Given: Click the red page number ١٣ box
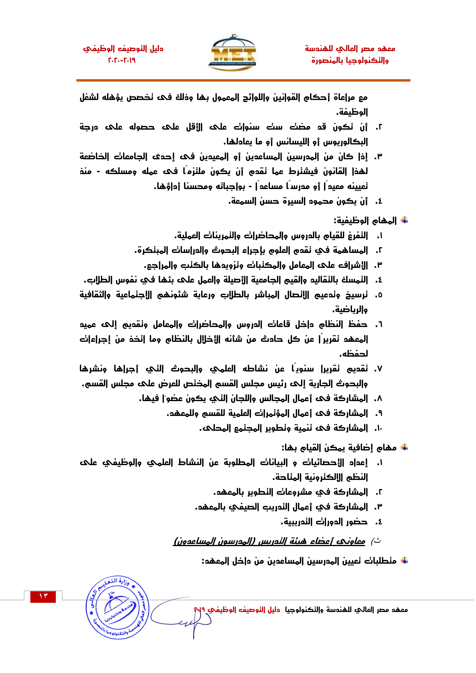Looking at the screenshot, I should (x=43, y=596).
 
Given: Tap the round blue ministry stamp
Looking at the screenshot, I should (x=117, y=607).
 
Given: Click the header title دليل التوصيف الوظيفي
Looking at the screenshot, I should (x=123, y=48).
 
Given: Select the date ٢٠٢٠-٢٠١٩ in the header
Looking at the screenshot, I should (x=122, y=60).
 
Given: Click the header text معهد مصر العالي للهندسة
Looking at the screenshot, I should (x=350, y=48).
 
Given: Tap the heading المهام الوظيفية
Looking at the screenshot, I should (x=365, y=220).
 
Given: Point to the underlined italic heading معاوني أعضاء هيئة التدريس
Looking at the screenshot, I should (x=269, y=541).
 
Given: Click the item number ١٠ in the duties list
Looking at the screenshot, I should (x=379, y=428).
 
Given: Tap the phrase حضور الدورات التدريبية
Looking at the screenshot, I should (x=324, y=522).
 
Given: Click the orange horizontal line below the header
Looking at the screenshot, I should (x=243, y=80).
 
